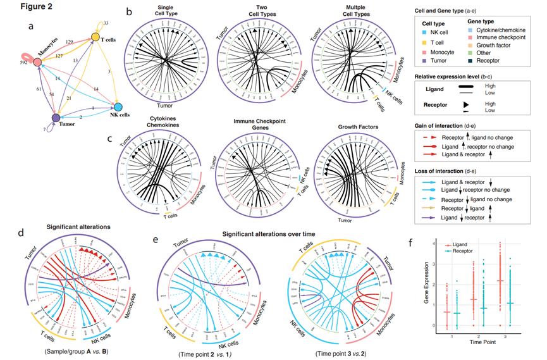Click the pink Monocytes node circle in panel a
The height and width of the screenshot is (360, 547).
(x=37, y=63)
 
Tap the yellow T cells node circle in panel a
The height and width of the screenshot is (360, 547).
(x=95, y=37)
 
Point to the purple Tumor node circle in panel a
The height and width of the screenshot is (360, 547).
(x=56, y=118)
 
